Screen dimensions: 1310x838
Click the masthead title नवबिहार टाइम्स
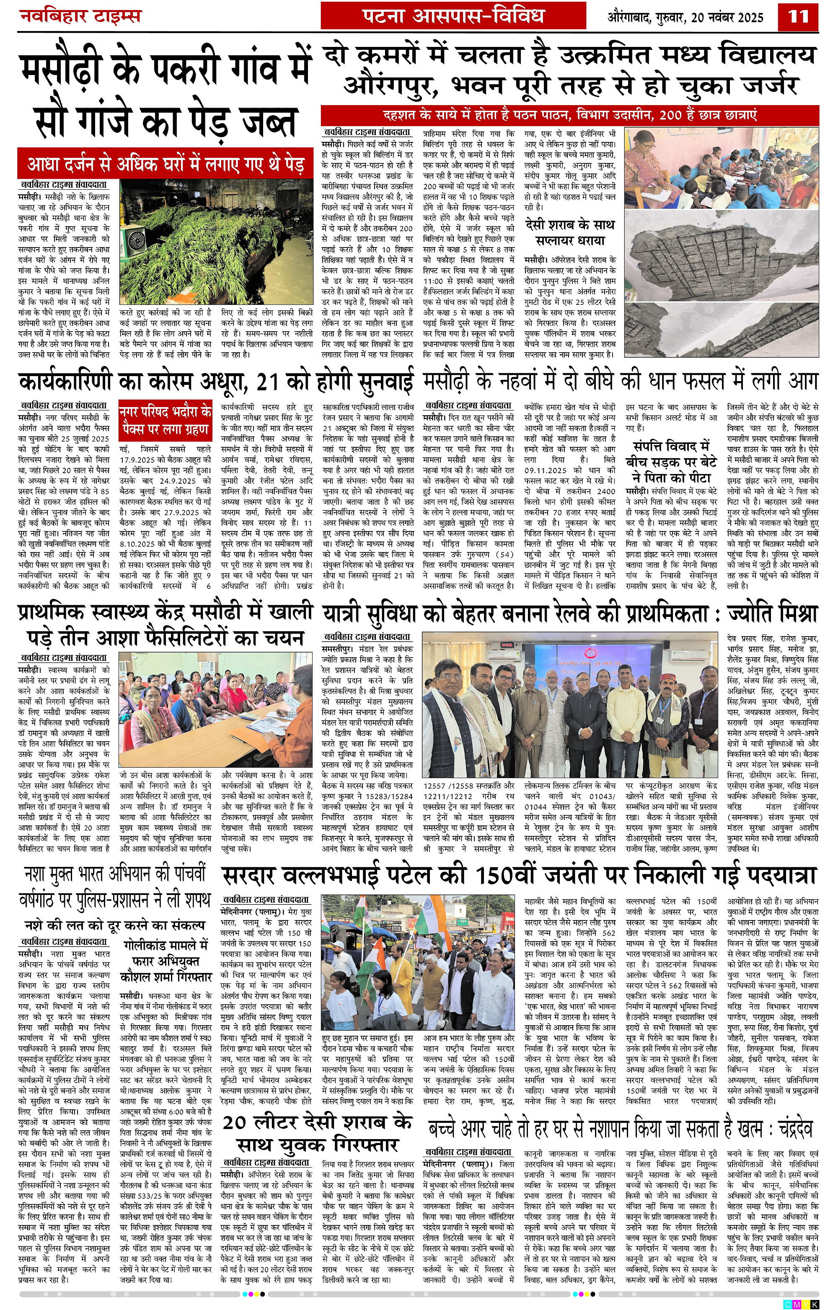[x=80, y=16]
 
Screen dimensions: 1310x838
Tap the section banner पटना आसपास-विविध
[x=453, y=16]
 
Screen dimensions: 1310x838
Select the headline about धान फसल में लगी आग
[x=621, y=382]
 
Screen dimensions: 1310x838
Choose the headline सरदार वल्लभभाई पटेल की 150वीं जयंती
[x=519, y=876]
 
